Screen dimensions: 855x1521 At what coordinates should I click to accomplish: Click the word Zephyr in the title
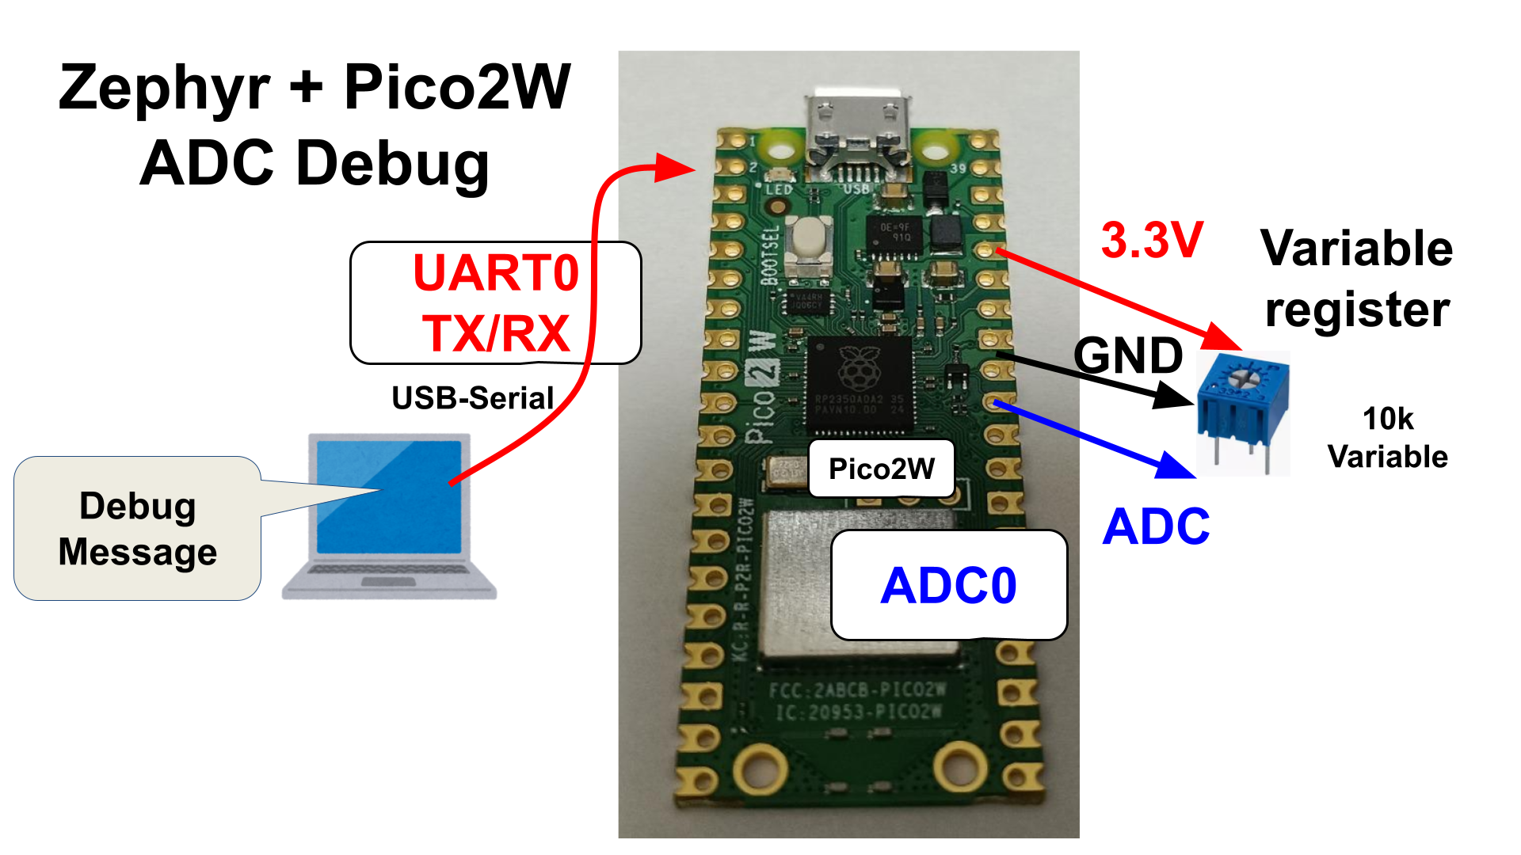tap(165, 89)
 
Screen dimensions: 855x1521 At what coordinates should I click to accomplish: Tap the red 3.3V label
tap(1153, 240)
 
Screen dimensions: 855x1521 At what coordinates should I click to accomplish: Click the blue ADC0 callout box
tap(948, 585)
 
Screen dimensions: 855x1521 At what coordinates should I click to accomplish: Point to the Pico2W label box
tap(881, 469)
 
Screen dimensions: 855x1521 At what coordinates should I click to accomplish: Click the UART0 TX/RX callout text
tap(496, 302)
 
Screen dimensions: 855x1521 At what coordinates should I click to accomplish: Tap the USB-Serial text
tap(472, 397)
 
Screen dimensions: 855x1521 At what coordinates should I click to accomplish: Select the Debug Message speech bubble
tap(137, 528)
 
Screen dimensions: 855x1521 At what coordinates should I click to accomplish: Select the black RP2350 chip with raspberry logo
tap(859, 385)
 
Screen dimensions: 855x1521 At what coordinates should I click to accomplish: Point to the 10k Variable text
tap(1387, 438)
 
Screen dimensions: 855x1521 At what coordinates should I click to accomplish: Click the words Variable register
tap(1357, 278)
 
